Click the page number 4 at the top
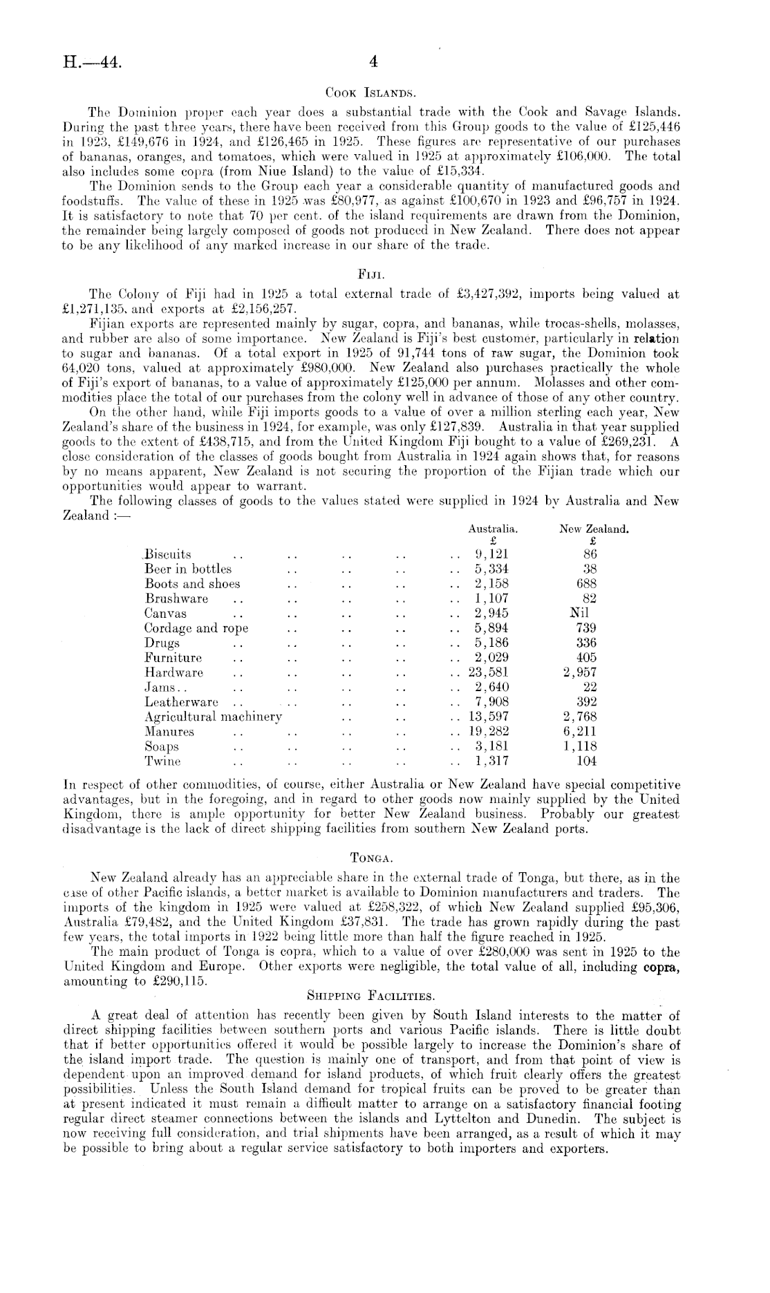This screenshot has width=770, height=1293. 374,62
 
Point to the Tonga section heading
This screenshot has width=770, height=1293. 372,858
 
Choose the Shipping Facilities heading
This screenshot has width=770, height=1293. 370,996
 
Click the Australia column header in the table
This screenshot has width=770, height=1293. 493,529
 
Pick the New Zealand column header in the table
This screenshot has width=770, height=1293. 594,529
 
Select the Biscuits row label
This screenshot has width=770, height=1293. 167,554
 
